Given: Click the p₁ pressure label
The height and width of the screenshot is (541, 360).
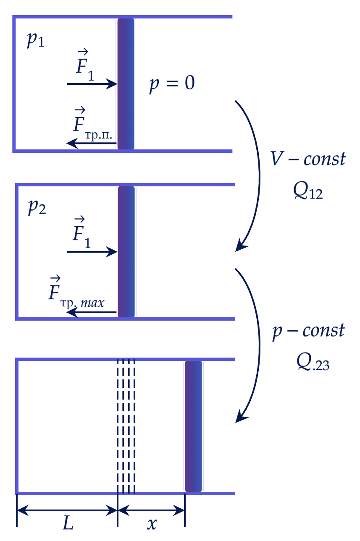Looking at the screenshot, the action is (x=35, y=40).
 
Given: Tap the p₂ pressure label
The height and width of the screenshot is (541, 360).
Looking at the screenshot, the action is (x=37, y=207).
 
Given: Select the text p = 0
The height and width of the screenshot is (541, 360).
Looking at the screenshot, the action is (x=172, y=84).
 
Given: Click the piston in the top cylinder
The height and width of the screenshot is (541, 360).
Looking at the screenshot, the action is (x=126, y=84).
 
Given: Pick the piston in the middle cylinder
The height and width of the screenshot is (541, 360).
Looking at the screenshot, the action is (x=126, y=252).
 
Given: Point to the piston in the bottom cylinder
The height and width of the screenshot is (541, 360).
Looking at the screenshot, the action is (x=193, y=426).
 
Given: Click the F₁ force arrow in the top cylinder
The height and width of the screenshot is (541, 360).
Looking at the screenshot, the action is (x=92, y=84).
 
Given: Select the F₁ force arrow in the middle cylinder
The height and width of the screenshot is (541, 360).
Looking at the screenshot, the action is (x=92, y=252).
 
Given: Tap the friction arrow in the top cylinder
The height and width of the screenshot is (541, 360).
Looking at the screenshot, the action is (x=92, y=143).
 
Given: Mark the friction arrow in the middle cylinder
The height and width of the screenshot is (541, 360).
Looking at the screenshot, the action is (x=92, y=312).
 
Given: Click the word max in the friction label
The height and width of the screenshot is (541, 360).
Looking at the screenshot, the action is (x=92, y=303).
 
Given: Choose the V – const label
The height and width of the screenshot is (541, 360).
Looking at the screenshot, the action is (x=308, y=159).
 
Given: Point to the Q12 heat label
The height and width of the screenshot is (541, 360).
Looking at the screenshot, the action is (x=308, y=191).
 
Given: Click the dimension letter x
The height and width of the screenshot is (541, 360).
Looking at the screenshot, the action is (x=152, y=524).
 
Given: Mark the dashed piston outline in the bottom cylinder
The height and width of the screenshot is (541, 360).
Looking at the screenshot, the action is (x=126, y=426).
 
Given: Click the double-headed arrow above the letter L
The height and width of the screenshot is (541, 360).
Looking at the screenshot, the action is (x=67, y=510).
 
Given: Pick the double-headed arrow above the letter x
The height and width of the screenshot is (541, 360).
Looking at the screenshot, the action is (x=151, y=510).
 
